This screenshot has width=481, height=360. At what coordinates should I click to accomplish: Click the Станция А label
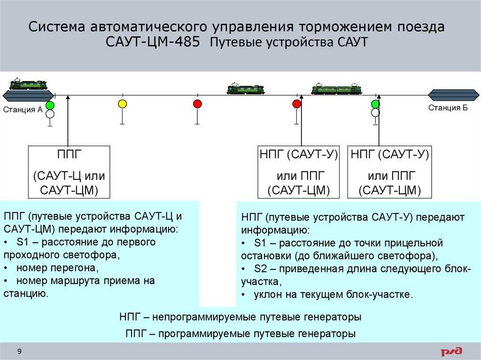click(23, 109)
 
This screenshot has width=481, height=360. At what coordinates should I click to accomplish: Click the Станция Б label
click(448, 107)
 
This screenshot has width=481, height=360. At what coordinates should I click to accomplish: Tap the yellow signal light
click(123, 104)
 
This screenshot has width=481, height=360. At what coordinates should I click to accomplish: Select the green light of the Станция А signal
click(50, 106)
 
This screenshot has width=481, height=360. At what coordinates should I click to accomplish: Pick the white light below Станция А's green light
click(50, 114)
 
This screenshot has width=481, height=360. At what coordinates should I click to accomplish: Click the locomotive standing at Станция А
click(29, 84)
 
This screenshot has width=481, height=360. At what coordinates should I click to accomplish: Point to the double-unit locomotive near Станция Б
click(336, 89)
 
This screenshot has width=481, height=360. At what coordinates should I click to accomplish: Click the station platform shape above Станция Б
click(453, 95)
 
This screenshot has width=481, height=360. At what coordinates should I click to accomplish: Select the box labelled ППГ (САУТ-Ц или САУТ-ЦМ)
click(69, 172)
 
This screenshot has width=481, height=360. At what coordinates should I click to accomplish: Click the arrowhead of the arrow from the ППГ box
click(68, 97)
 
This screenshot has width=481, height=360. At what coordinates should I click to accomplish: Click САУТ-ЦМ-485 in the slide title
click(153, 42)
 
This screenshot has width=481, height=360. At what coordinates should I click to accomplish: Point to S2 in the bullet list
click(260, 268)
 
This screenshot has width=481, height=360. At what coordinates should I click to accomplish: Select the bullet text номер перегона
click(57, 268)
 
